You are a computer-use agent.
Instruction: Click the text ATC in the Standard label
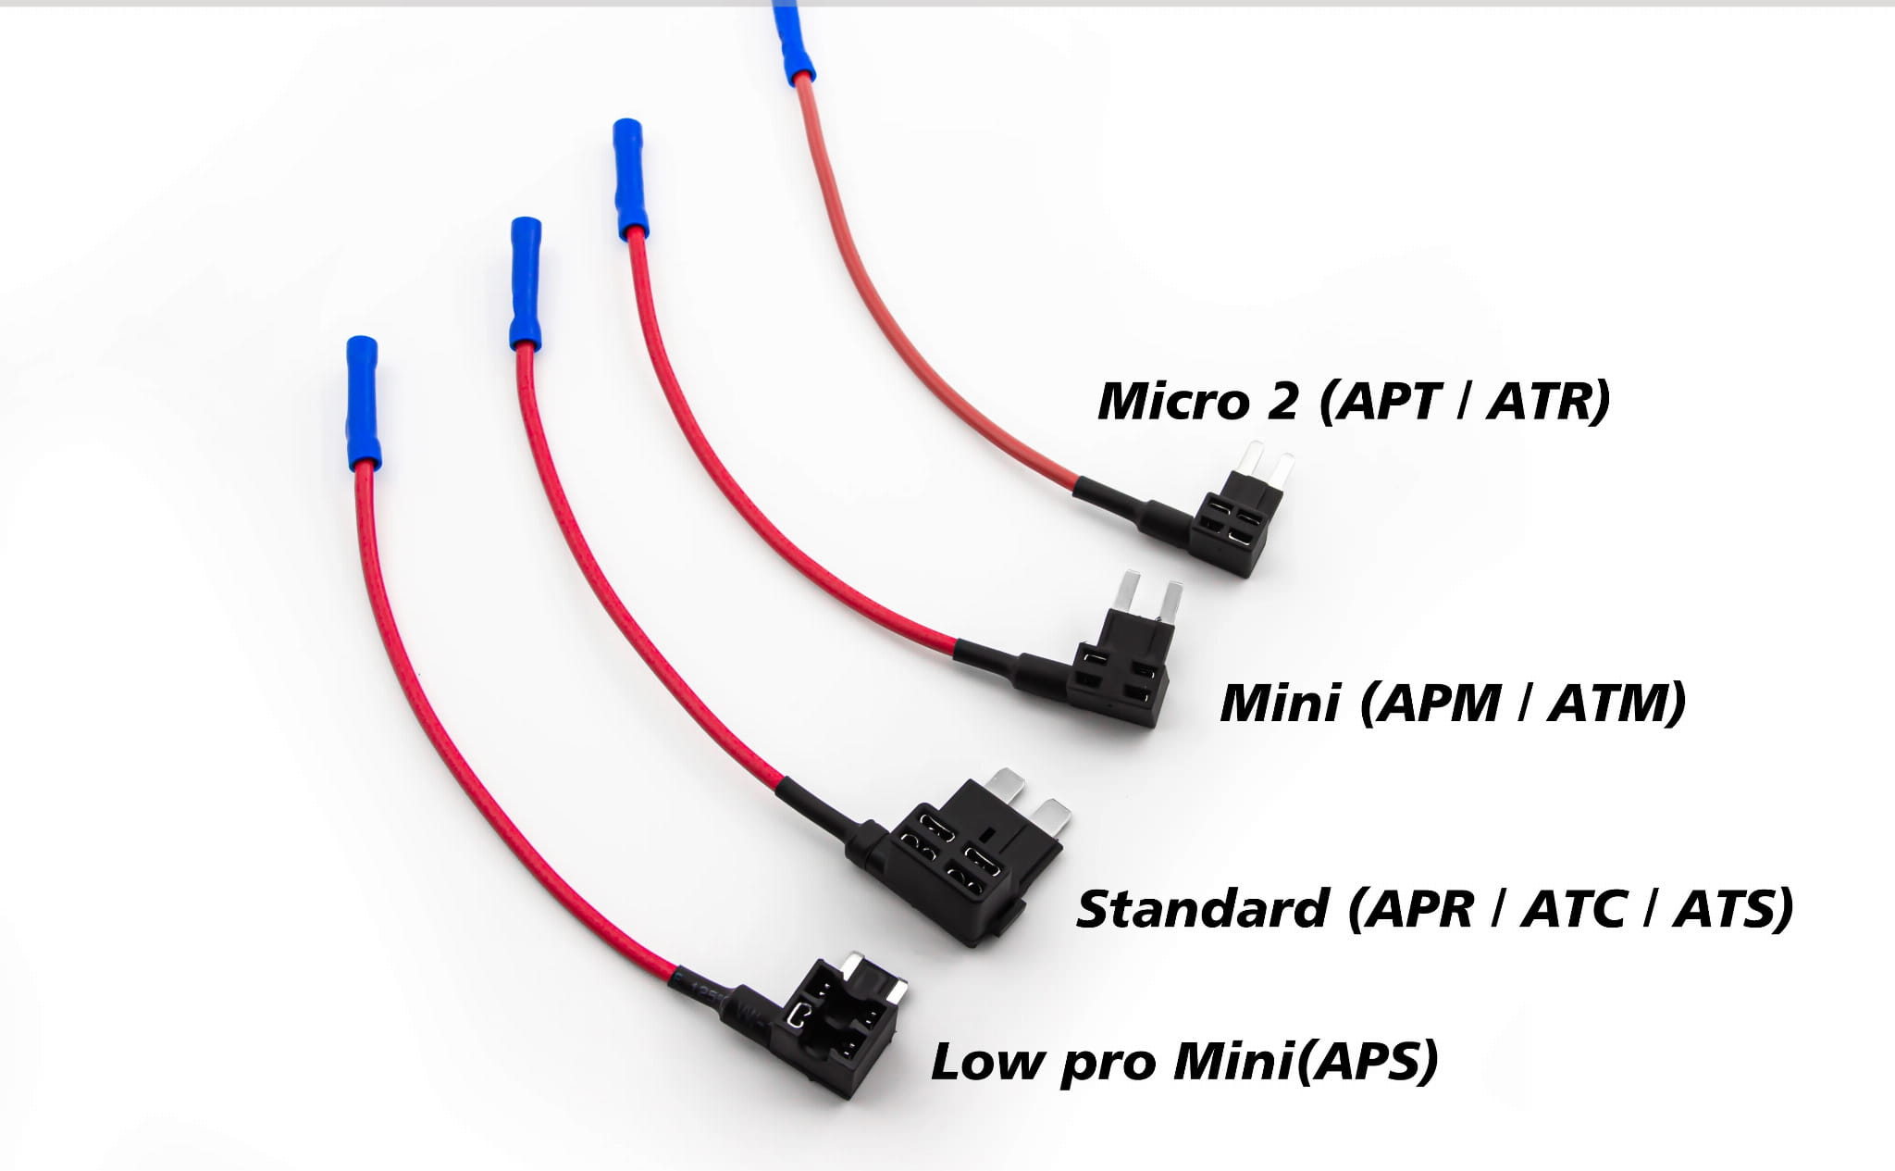click(1572, 908)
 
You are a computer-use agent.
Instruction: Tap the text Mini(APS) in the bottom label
click(1306, 1061)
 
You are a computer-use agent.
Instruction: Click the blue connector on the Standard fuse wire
click(526, 283)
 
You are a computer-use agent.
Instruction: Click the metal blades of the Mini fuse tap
click(1150, 597)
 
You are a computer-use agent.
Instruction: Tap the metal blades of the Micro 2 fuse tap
click(1267, 459)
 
